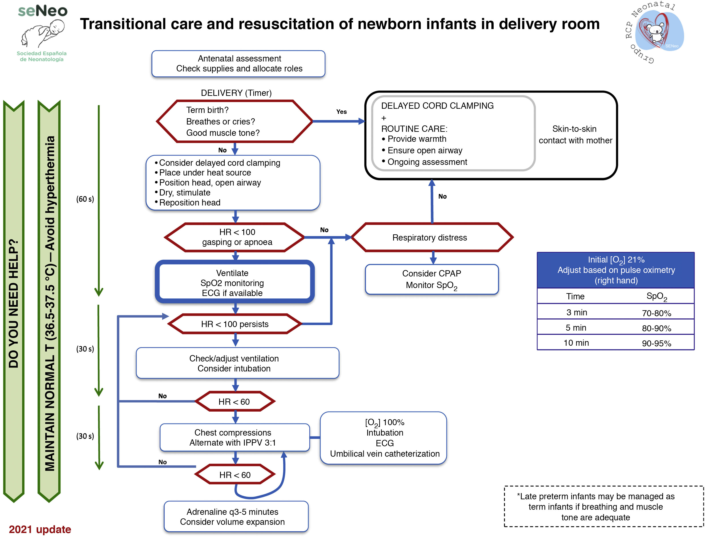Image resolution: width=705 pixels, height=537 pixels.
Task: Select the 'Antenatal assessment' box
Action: pos(238,64)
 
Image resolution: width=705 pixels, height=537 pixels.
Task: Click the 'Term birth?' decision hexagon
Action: pos(234,121)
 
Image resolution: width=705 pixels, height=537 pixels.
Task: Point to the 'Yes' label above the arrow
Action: pos(341,112)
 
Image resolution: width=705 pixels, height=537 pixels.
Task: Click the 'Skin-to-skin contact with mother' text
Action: pos(575,134)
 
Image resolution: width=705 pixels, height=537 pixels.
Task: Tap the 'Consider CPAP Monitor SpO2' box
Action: pos(431,279)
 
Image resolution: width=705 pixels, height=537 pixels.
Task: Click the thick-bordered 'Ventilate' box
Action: pos(234,282)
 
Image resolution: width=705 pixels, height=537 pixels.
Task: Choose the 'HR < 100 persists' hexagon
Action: pos(234,324)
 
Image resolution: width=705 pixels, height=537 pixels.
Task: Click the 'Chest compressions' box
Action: pos(234,437)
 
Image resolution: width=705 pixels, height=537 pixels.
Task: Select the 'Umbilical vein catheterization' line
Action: pos(385,454)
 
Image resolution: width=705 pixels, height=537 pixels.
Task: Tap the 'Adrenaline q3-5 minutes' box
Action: pos(236,517)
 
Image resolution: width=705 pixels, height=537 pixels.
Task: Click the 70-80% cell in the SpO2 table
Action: pos(656,313)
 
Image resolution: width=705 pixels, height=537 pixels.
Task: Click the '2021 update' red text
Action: pos(40,529)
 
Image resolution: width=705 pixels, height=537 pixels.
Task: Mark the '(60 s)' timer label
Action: pos(85,199)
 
